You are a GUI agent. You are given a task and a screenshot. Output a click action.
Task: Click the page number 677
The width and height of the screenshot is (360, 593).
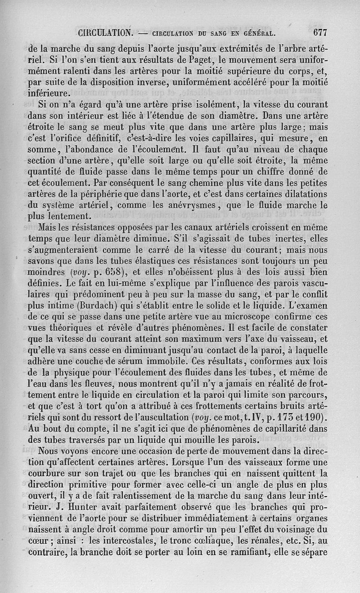click(x=318, y=32)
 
